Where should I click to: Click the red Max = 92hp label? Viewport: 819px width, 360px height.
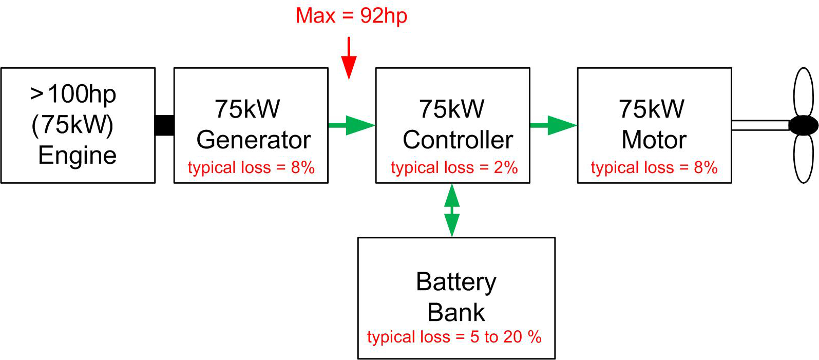coord(351,16)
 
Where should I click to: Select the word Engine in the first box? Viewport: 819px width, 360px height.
coord(78,155)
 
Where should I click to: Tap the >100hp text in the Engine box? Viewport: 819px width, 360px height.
coord(73,94)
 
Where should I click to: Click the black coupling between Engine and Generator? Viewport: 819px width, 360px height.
coord(164,125)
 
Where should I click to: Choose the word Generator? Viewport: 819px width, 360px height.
coord(253,140)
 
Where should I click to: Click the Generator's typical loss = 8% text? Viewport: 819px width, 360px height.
coord(251,167)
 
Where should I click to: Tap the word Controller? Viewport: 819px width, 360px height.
coord(458,140)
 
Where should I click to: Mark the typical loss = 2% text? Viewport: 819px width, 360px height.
coord(454,167)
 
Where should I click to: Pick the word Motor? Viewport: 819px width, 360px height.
coord(654,140)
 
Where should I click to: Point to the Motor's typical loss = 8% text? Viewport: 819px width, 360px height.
coord(654,167)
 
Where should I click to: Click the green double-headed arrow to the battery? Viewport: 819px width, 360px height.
coord(452,210)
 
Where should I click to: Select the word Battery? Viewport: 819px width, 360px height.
coord(456,281)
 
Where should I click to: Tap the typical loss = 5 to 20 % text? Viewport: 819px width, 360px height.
coord(454,337)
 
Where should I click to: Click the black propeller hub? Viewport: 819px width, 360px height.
coord(803,125)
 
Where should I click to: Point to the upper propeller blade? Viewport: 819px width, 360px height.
coord(804,92)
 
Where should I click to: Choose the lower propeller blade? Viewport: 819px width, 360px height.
coord(804,158)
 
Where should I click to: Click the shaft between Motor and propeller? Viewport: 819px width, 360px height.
coord(760,125)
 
